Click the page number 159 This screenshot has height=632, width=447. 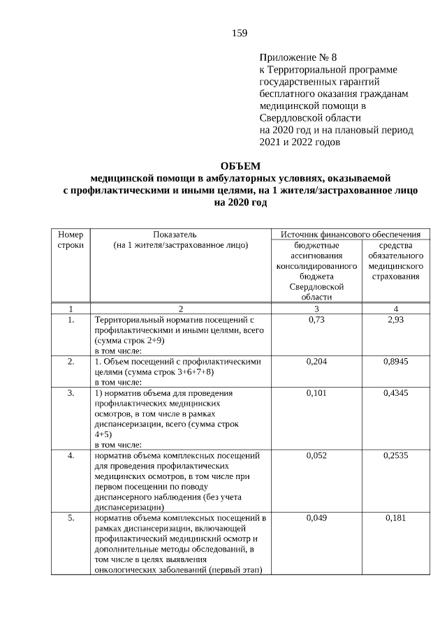pyautogui.click(x=240, y=33)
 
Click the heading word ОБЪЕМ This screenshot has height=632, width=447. pyautogui.click(x=240, y=166)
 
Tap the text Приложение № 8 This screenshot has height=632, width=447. pyautogui.click(x=293, y=57)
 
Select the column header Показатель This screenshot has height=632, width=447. pyautogui.click(x=180, y=234)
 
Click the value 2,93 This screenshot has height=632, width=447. pyautogui.click(x=395, y=319)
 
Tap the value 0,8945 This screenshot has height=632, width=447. pyautogui.click(x=395, y=362)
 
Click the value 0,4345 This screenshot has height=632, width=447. pyautogui.click(x=395, y=393)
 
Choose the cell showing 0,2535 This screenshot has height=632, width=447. pyautogui.click(x=395, y=456)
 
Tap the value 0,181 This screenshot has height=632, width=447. pyautogui.click(x=395, y=519)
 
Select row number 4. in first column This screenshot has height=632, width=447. pyautogui.click(x=71, y=456)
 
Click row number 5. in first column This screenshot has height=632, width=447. pyautogui.click(x=71, y=519)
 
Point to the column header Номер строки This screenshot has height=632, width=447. pyautogui.click(x=71, y=240)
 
